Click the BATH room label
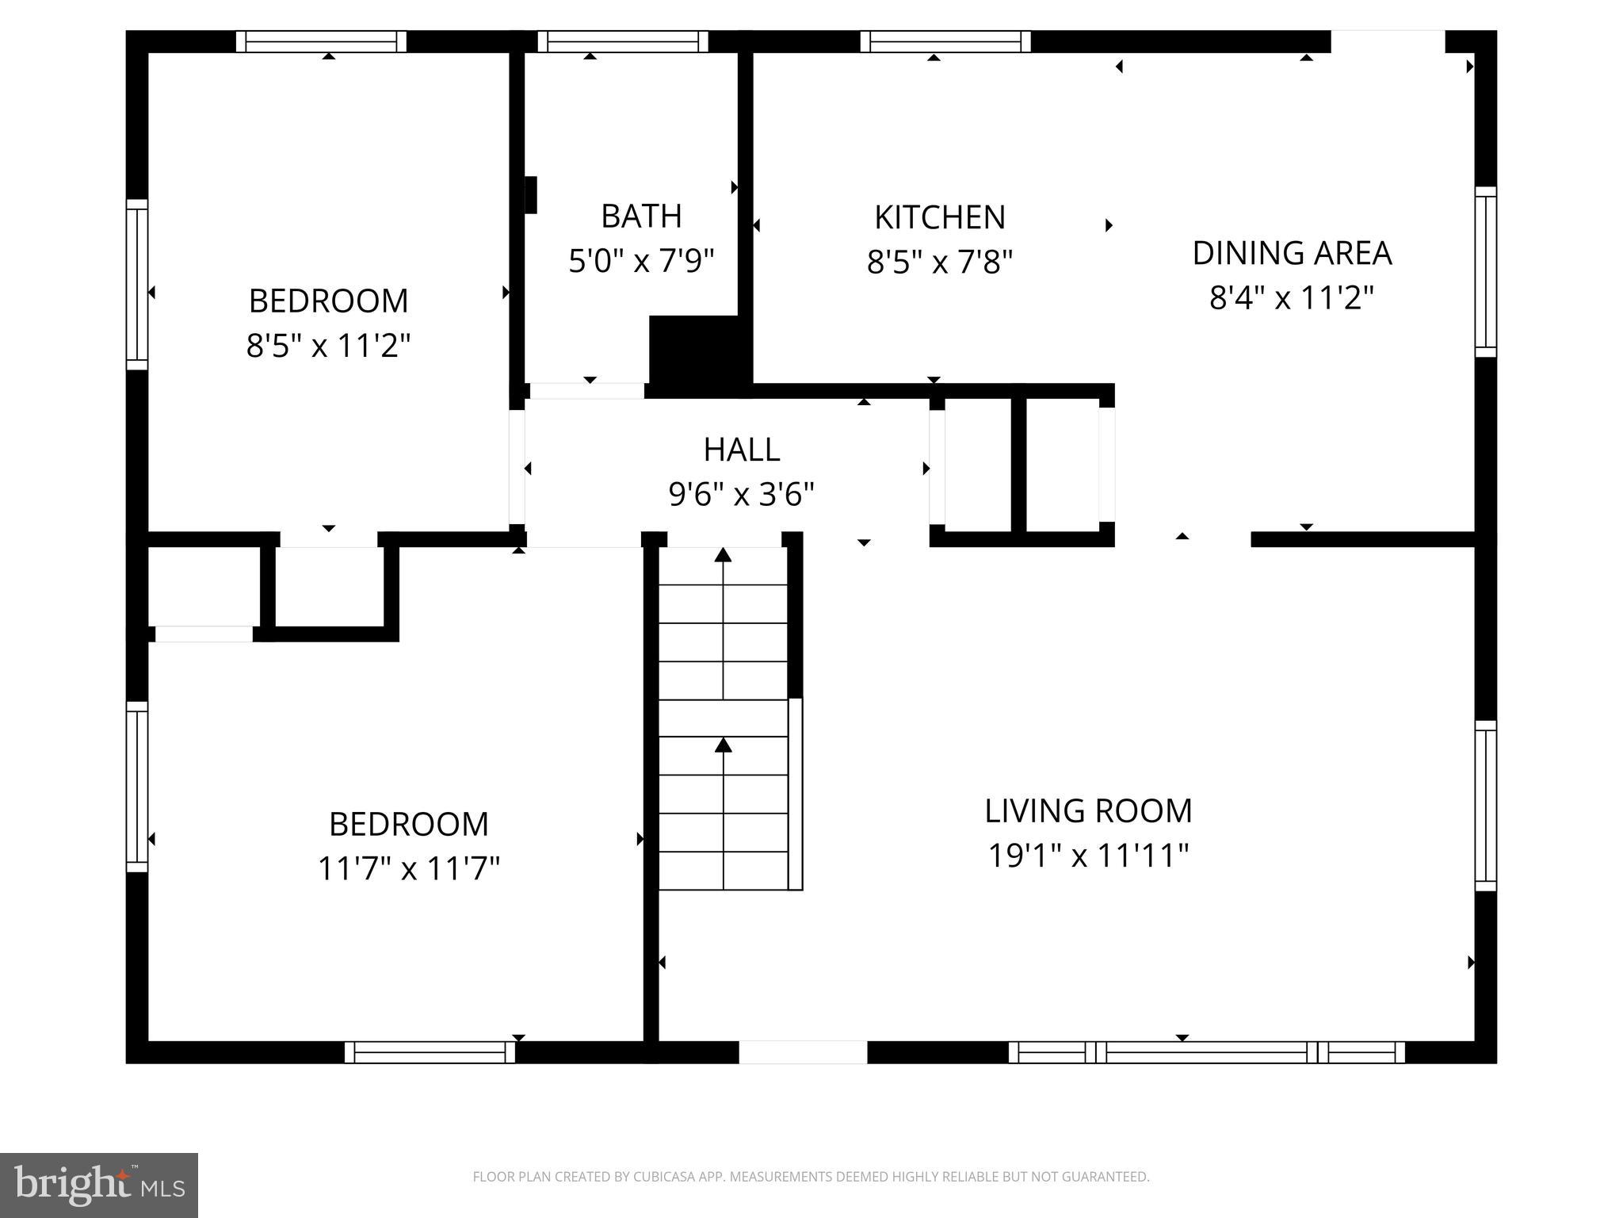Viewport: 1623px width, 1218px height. tap(641, 216)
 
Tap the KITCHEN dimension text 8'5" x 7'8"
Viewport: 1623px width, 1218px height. tap(940, 262)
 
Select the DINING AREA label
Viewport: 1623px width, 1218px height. tap(1292, 254)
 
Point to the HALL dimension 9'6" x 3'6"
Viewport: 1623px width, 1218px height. tap(742, 495)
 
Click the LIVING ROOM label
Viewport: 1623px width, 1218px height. tap(1088, 811)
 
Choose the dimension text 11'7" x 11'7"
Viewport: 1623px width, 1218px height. tap(408, 868)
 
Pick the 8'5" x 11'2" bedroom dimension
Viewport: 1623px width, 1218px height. tap(328, 346)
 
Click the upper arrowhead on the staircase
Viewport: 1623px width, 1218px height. tap(723, 555)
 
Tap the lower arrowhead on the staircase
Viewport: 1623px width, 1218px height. tap(723, 745)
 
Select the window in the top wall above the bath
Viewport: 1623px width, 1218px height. tap(623, 41)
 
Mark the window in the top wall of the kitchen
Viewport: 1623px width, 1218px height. tap(945, 41)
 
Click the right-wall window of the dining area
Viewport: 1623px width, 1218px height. tap(1485, 272)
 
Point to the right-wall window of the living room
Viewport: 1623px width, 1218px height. tap(1485, 806)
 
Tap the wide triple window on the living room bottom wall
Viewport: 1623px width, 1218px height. tap(1206, 1052)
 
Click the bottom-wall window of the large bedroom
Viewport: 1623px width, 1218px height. tap(430, 1052)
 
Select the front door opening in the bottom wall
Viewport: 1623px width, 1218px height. tap(803, 1052)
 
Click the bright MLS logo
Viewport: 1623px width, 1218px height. tap(98, 1185)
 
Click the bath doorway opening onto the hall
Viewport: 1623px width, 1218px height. tap(586, 391)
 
